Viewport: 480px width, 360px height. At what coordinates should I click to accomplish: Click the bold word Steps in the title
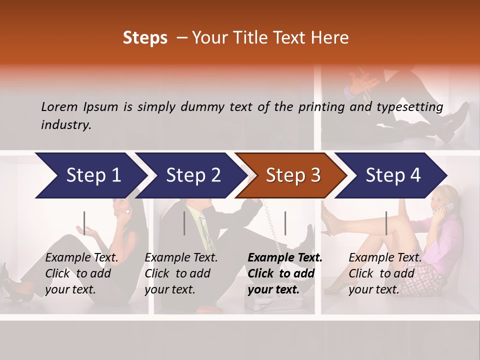click(145, 38)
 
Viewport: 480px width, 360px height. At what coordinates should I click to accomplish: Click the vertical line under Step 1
click(84, 223)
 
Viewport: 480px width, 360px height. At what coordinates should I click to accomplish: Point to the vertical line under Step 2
click(184, 223)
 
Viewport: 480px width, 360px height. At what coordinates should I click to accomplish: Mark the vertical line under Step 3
click(285, 223)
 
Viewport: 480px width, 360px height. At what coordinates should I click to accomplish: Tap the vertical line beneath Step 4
click(386, 223)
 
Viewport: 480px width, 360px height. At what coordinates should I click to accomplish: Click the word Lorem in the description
click(59, 106)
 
